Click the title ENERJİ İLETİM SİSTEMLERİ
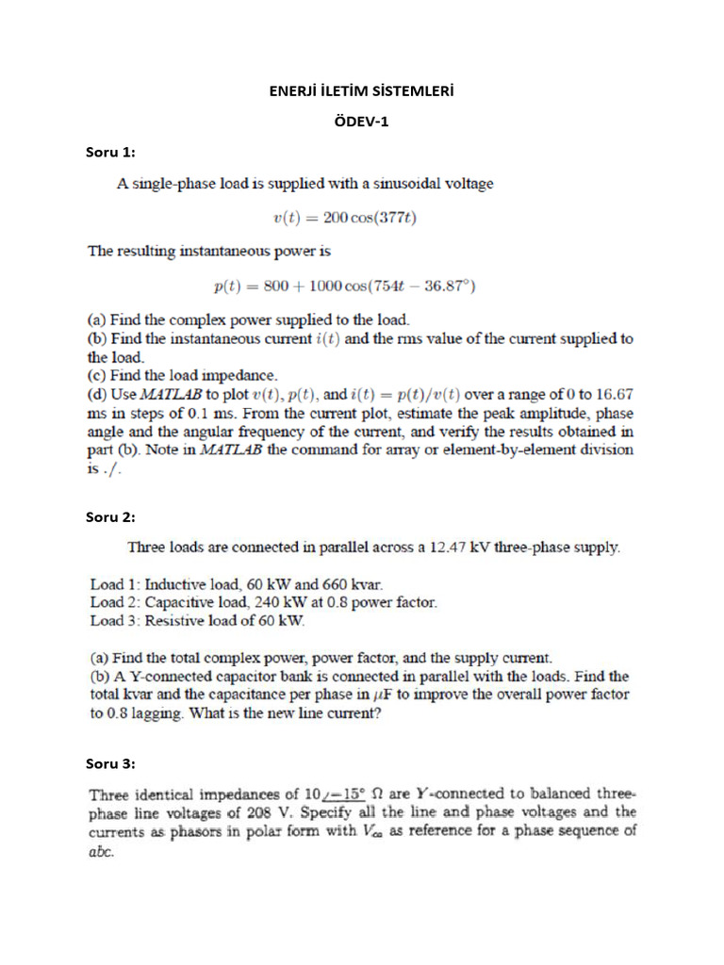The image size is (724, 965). click(x=362, y=91)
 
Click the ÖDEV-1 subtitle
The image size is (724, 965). click(x=362, y=122)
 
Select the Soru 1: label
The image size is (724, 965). click(x=110, y=152)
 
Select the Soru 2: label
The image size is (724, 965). click(x=110, y=516)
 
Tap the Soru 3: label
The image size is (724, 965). click(x=110, y=763)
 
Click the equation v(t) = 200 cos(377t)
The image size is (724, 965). click(x=344, y=218)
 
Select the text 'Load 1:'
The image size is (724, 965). click(x=115, y=584)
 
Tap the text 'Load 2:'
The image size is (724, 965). click(x=115, y=602)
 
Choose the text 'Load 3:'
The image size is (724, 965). click(x=115, y=620)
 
